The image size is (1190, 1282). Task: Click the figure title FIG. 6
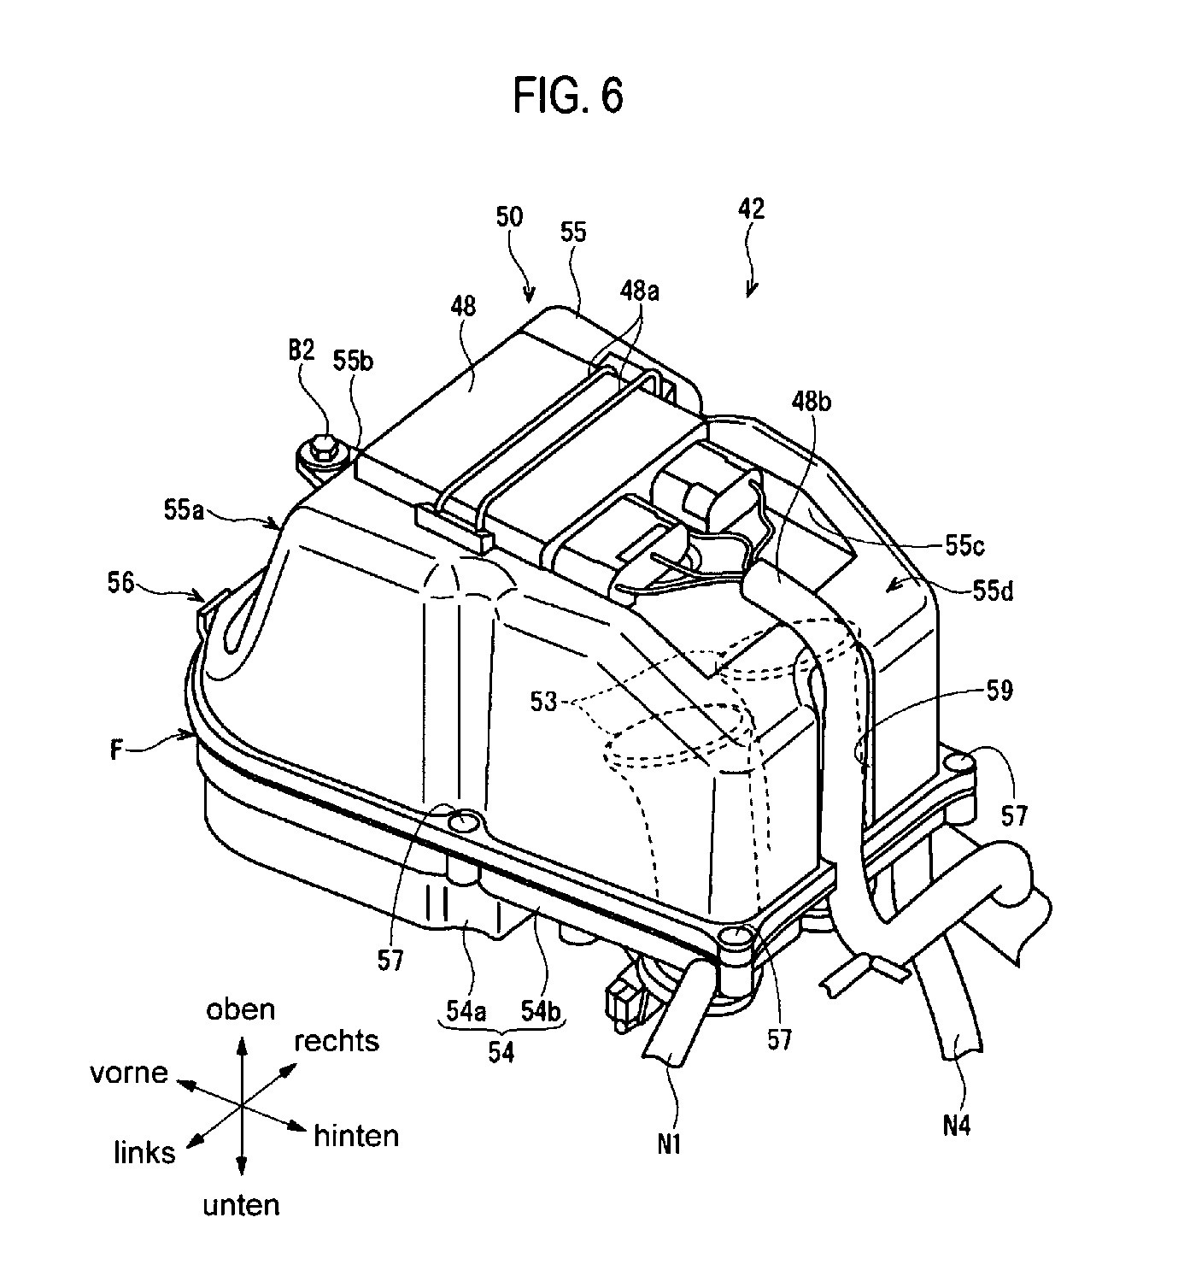pos(568,96)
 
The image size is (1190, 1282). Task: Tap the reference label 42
pos(751,209)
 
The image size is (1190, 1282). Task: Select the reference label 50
pos(509,217)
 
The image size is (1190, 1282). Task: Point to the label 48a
pos(640,291)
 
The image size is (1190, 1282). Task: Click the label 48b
pos(812,402)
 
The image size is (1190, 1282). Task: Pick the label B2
pos(302,350)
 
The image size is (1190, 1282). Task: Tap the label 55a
pos(184,511)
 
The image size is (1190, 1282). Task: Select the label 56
pos(120,583)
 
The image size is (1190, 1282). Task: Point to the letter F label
pos(117,750)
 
